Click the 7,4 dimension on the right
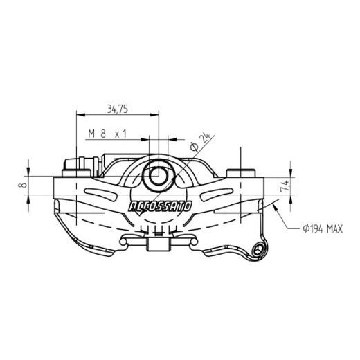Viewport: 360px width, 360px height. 284,186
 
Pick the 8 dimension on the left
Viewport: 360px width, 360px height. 23,186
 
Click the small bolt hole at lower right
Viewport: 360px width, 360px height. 259,249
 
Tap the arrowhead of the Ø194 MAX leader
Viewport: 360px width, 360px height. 276,204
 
